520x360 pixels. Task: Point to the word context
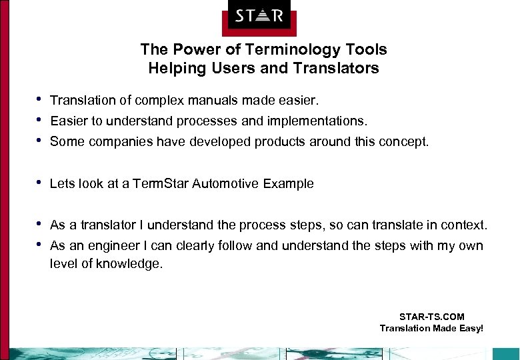pyautogui.click(x=466, y=225)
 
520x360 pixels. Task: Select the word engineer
pyautogui.click(x=107, y=246)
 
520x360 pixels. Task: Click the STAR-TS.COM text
pyautogui.click(x=431, y=317)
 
